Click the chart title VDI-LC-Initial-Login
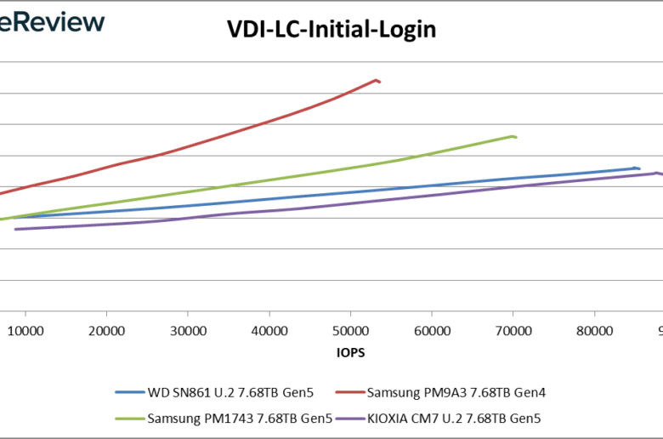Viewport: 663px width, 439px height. [x=331, y=30]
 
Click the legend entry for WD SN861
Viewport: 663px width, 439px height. [x=229, y=393]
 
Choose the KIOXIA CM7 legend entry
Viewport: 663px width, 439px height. [x=455, y=418]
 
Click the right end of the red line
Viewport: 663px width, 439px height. [x=379, y=82]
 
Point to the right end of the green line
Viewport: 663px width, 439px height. [x=516, y=137]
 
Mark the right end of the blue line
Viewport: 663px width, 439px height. [x=638, y=168]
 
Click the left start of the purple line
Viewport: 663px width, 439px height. [x=14, y=229]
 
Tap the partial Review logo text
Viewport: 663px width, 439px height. [x=53, y=22]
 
